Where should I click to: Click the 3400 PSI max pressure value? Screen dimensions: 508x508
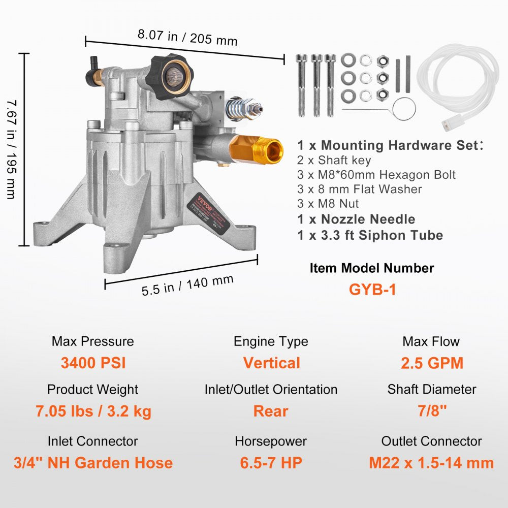coord(93,363)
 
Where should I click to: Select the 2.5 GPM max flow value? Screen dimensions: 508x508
coord(431,363)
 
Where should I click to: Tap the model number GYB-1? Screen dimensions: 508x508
coord(372,289)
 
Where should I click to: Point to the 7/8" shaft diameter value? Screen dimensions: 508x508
coord(431,411)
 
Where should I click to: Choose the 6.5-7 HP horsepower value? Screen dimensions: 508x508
coord(271,463)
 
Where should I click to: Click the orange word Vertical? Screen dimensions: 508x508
coord(271,363)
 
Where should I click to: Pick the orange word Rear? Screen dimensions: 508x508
coord(271,411)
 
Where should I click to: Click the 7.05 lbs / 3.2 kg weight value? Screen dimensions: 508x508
coord(93,411)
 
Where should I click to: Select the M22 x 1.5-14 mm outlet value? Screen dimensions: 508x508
coord(431,463)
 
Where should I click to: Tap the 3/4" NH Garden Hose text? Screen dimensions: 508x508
coord(93,463)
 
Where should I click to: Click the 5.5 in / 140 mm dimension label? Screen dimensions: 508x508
coord(187,285)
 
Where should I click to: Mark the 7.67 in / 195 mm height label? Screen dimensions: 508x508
coord(11,148)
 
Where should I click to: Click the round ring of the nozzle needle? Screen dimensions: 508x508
coord(405,108)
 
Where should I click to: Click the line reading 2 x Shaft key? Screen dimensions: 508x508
coord(334,160)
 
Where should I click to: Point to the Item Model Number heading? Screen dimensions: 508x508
coord(372,268)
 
